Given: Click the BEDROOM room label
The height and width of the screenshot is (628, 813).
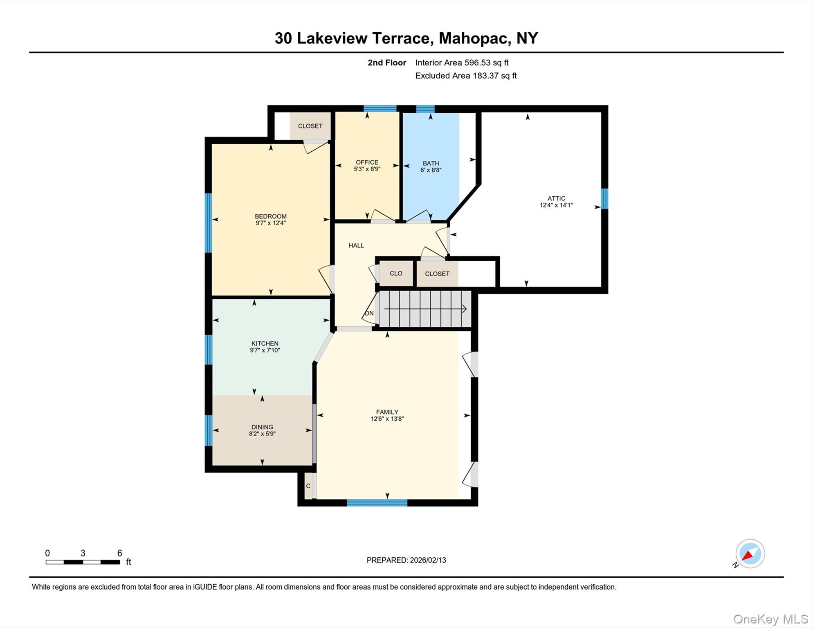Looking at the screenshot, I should (270, 216).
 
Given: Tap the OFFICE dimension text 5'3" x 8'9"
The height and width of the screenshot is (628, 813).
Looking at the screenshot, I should (367, 169).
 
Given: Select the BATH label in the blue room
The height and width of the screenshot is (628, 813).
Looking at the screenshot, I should (431, 163).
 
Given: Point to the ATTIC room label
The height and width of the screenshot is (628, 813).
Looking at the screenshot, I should (556, 198).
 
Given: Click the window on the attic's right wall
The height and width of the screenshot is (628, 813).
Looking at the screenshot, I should (604, 199).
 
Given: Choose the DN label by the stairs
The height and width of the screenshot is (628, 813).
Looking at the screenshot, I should (369, 313).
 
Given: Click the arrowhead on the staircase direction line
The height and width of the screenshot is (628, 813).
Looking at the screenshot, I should (464, 309).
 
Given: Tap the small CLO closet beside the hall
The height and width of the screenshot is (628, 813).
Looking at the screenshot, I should (395, 273).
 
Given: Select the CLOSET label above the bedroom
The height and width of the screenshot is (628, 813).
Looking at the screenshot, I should (310, 126).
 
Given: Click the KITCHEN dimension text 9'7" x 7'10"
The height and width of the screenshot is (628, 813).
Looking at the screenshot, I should (265, 350).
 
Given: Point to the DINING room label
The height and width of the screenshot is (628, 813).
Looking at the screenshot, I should (262, 427).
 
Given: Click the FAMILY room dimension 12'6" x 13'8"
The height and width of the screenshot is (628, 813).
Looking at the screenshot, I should (387, 419).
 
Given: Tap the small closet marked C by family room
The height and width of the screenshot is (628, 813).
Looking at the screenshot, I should (308, 486).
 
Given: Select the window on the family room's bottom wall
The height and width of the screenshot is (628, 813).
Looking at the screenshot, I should (377, 503).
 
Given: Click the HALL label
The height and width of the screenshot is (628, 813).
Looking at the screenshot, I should (356, 245).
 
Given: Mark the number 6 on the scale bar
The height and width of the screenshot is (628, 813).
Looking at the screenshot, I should (119, 553).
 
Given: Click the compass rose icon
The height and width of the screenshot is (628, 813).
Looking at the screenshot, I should (750, 554).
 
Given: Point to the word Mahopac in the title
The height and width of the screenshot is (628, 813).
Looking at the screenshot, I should (474, 38).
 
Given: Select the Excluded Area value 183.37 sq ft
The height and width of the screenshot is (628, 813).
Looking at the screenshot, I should (494, 76).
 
